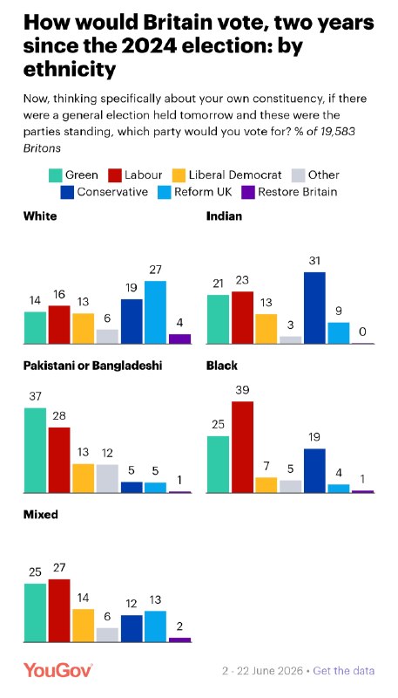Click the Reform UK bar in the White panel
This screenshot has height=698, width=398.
[x=156, y=312]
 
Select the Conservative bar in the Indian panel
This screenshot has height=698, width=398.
[x=314, y=308]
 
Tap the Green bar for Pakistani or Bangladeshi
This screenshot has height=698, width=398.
[x=35, y=450]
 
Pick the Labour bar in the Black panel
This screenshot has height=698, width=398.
[x=242, y=447]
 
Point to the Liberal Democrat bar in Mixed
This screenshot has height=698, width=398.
[x=83, y=626]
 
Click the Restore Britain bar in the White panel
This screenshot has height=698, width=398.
[x=179, y=339]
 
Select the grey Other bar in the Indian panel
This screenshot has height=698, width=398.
[x=291, y=340]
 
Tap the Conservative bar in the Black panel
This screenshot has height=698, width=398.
[x=314, y=470]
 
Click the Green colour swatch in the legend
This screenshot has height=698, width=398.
[x=55, y=176]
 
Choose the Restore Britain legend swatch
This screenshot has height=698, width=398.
[x=248, y=193]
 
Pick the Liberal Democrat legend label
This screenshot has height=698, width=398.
[x=235, y=175]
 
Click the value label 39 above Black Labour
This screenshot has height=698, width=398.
[x=242, y=390]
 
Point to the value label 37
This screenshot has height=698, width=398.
[x=35, y=397]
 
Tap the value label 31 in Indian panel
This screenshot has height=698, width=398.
[x=314, y=261]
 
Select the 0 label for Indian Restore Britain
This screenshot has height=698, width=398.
[x=363, y=332]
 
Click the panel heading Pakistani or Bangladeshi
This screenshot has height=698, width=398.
[x=92, y=366]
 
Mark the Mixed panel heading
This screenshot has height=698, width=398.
[x=40, y=515]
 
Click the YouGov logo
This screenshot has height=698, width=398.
[x=58, y=670]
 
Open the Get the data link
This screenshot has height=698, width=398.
[x=344, y=670]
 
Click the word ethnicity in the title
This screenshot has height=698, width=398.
[x=70, y=70]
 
